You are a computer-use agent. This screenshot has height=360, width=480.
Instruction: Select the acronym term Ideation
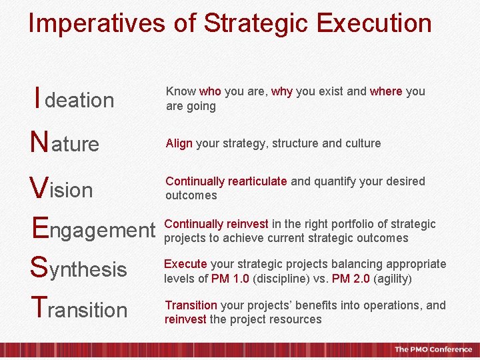(74, 100)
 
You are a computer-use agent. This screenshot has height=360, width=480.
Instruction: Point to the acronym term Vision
(61, 189)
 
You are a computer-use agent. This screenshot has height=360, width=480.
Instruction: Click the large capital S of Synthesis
(38, 269)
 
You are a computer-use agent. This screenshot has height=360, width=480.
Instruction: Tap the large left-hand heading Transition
(79, 309)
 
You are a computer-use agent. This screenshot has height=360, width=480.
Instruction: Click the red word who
(210, 91)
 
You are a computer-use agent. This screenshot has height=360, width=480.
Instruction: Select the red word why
(281, 91)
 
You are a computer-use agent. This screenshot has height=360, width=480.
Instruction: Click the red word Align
(179, 143)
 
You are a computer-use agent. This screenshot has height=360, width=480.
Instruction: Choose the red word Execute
(185, 264)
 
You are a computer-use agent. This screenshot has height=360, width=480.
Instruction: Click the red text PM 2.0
(352, 279)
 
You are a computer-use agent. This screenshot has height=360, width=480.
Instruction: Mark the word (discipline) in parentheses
(274, 279)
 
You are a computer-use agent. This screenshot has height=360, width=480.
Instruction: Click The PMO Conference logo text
(433, 349)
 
